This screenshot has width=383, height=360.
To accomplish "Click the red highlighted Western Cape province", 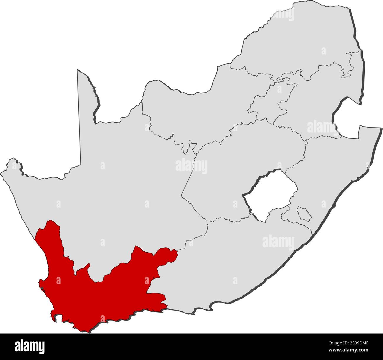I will [97, 297].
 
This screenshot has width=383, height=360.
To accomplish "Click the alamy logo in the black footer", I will [29, 346].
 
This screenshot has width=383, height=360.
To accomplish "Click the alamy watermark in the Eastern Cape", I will [278, 242].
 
